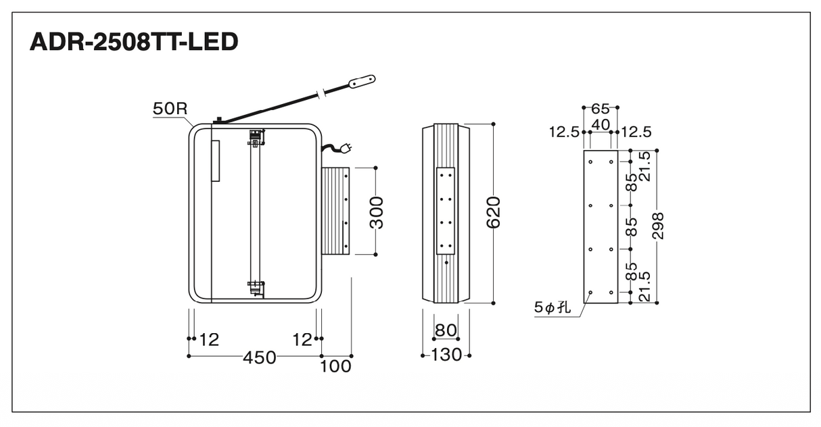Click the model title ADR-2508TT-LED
134,41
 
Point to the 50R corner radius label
170,109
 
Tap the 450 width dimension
260,357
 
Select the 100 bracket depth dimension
335,366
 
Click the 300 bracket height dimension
377,213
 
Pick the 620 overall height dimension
493,212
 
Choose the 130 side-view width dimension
446,355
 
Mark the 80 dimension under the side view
446,330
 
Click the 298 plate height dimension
658,226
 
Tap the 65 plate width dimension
601,109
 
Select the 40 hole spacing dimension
601,125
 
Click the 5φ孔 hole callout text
553,307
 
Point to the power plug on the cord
346,147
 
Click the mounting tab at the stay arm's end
362,81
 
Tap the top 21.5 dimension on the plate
644,166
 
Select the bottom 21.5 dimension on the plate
644,286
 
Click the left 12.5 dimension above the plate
564,132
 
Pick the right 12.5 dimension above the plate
636,132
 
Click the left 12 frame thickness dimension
209,340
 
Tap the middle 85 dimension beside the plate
632,227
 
